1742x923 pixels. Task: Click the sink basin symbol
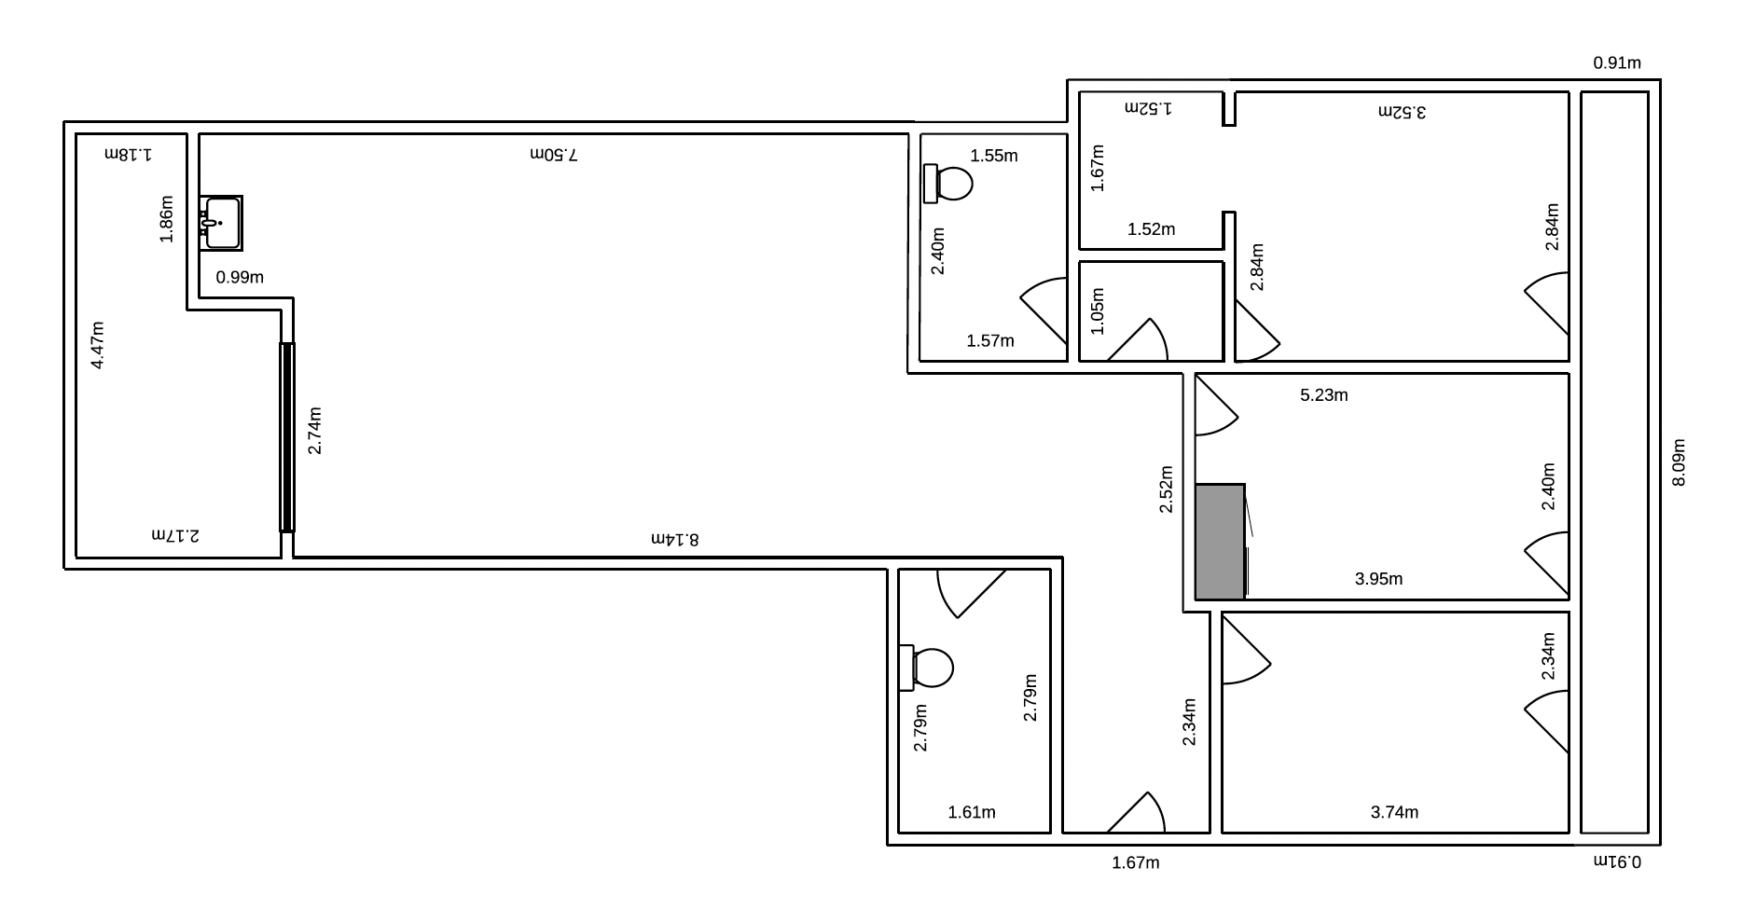(x=221, y=223)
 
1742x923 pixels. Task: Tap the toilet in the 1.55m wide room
(x=947, y=184)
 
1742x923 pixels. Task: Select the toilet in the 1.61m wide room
(x=926, y=668)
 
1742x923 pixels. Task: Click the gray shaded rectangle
(x=1220, y=542)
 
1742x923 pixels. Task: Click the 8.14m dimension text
(x=674, y=539)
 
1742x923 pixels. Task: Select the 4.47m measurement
(x=98, y=345)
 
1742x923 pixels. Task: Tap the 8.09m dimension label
(x=1679, y=462)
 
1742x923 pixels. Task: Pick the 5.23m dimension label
(x=1324, y=395)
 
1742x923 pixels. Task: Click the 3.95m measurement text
(x=1378, y=579)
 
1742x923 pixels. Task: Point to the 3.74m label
(x=1394, y=812)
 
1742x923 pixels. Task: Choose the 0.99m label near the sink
(x=240, y=277)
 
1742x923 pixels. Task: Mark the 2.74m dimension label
(x=315, y=431)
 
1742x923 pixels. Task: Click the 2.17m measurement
(x=175, y=536)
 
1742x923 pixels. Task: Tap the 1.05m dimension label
(x=1097, y=310)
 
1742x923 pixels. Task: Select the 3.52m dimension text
(x=1403, y=112)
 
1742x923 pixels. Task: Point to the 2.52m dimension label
(x=1167, y=489)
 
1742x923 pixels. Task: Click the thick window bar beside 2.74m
(x=287, y=437)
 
